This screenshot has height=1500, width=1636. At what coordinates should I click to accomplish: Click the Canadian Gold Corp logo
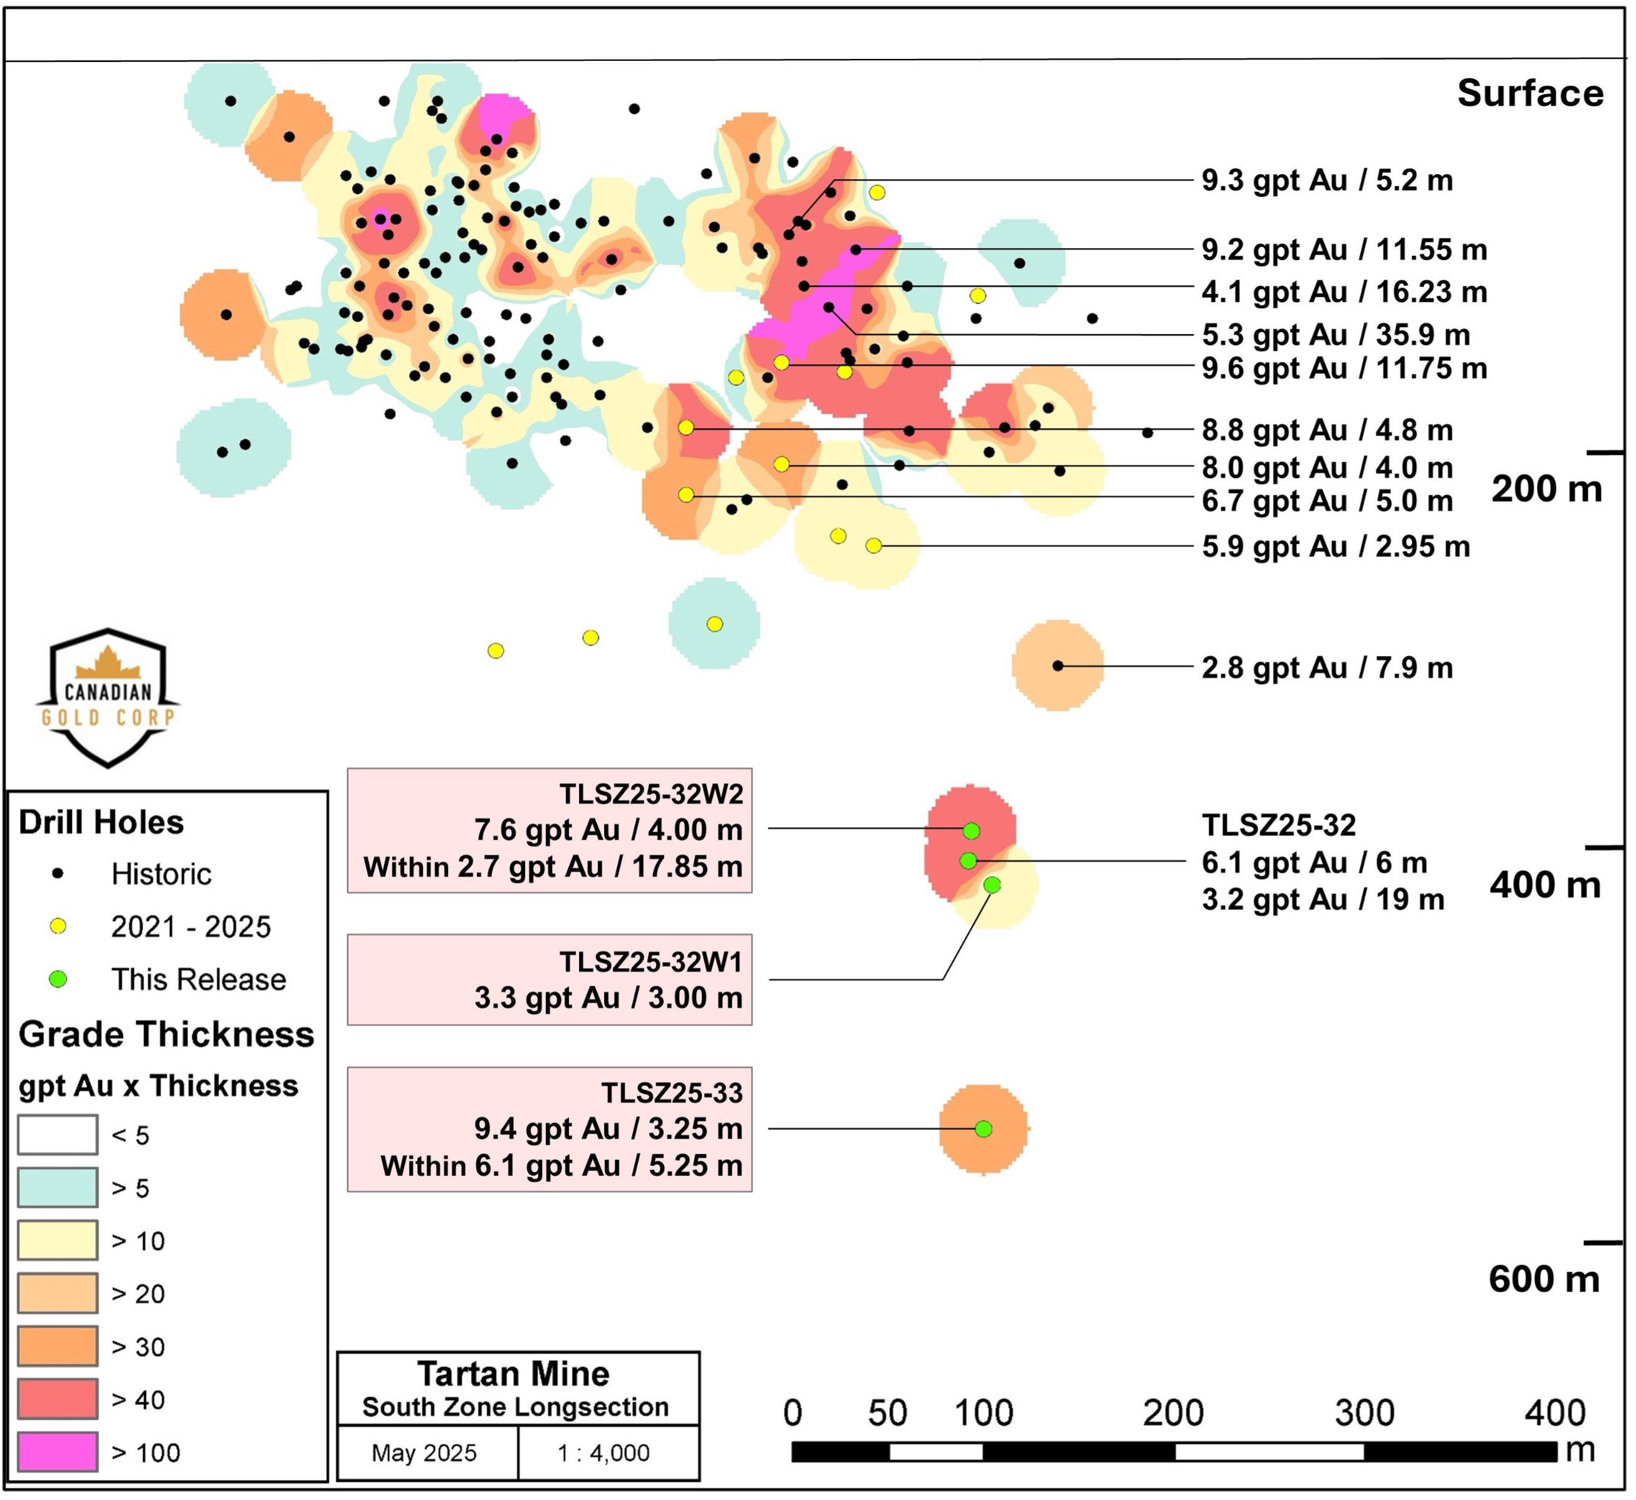(x=108, y=698)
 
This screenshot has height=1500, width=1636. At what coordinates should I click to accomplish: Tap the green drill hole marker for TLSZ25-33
(x=984, y=1129)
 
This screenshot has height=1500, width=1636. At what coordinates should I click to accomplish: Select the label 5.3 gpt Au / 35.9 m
(x=1336, y=335)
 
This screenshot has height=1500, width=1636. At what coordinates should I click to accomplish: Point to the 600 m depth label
(x=1545, y=1279)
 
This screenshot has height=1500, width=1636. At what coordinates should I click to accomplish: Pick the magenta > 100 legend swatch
(x=58, y=1452)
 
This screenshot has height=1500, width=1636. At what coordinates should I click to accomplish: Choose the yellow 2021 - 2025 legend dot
(x=58, y=926)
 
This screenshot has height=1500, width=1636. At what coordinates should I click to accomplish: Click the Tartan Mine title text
(x=514, y=1374)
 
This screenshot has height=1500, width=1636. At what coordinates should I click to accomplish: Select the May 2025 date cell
(x=424, y=1453)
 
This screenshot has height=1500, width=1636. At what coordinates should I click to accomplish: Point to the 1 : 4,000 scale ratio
(x=603, y=1453)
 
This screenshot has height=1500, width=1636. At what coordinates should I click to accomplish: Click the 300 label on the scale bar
(x=1365, y=1413)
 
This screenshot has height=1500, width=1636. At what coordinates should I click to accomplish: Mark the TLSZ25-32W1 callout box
(x=550, y=980)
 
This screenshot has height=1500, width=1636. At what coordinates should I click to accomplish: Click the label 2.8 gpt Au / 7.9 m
(x=1327, y=668)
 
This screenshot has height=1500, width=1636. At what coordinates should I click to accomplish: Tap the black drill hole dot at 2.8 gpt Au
(x=1058, y=665)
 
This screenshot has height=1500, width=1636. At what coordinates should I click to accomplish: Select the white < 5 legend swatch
(x=58, y=1135)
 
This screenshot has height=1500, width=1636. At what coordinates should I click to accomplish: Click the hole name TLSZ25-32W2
(x=651, y=794)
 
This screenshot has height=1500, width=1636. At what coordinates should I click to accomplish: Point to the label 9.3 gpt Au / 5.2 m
(x=1327, y=180)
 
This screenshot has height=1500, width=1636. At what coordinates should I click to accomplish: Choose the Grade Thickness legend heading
(x=167, y=1035)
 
